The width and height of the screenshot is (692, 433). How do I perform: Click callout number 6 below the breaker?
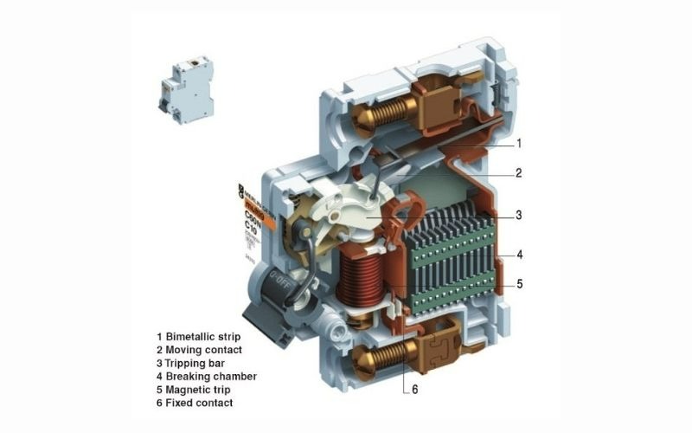tap(414, 389)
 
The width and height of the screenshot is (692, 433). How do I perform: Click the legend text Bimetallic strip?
tap(203, 335)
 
